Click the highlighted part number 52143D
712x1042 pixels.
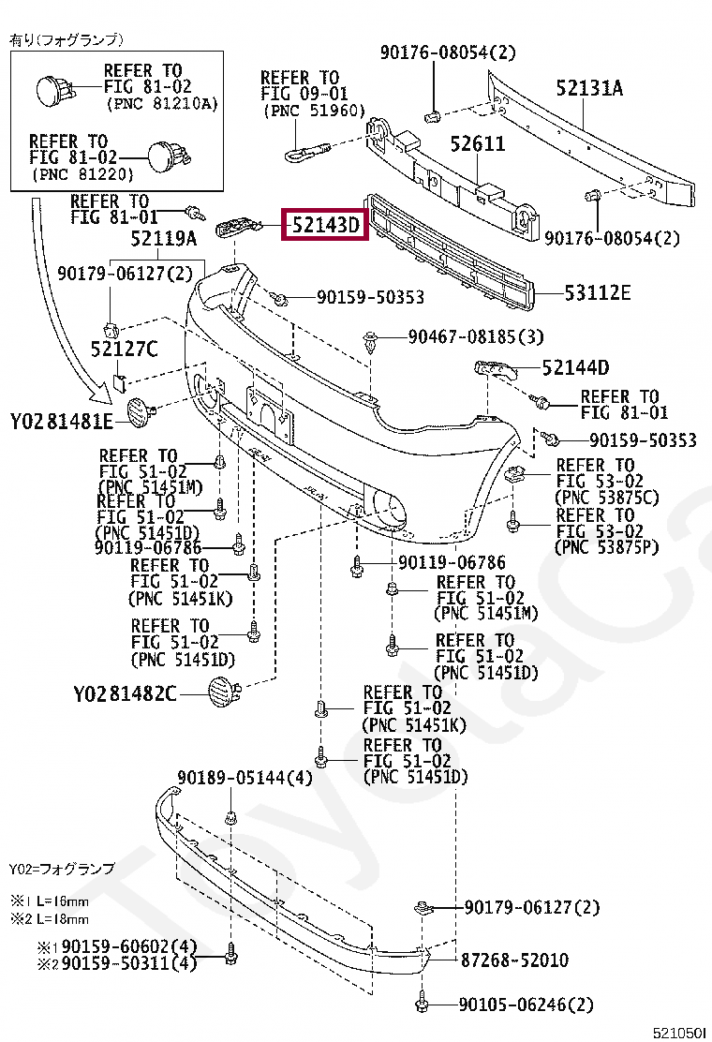(x=324, y=226)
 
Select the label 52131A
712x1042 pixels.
(x=589, y=89)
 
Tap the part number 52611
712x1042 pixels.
(x=477, y=144)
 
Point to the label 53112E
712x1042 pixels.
(x=597, y=293)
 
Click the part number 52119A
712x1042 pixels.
(x=164, y=239)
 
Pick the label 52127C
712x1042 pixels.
(x=125, y=350)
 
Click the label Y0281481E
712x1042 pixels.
(x=62, y=421)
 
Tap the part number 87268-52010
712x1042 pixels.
(x=514, y=960)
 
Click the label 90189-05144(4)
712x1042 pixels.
(x=245, y=778)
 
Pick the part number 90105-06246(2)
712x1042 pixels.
(x=526, y=1005)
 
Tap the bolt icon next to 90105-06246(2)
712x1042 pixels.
(x=424, y=1004)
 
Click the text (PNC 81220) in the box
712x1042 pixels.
(x=82, y=174)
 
